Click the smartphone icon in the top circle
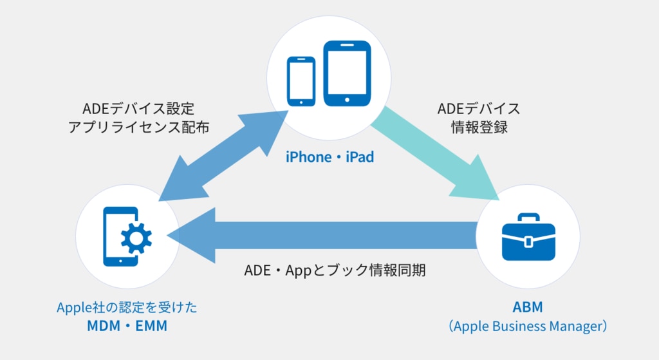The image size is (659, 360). click(301, 81)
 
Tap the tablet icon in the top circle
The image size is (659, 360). click(347, 73)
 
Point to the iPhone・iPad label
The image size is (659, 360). click(329, 156)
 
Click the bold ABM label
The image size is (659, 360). click(528, 307)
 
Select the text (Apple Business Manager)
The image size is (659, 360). click(528, 326)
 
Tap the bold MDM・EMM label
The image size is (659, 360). click(127, 326)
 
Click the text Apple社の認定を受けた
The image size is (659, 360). click(127, 307)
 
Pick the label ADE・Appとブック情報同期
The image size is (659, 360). click(335, 270)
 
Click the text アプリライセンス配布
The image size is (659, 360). click(138, 127)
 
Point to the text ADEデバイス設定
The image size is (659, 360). click(138, 108)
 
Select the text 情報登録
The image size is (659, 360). click(478, 127)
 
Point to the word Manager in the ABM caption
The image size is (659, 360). click(573, 326)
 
